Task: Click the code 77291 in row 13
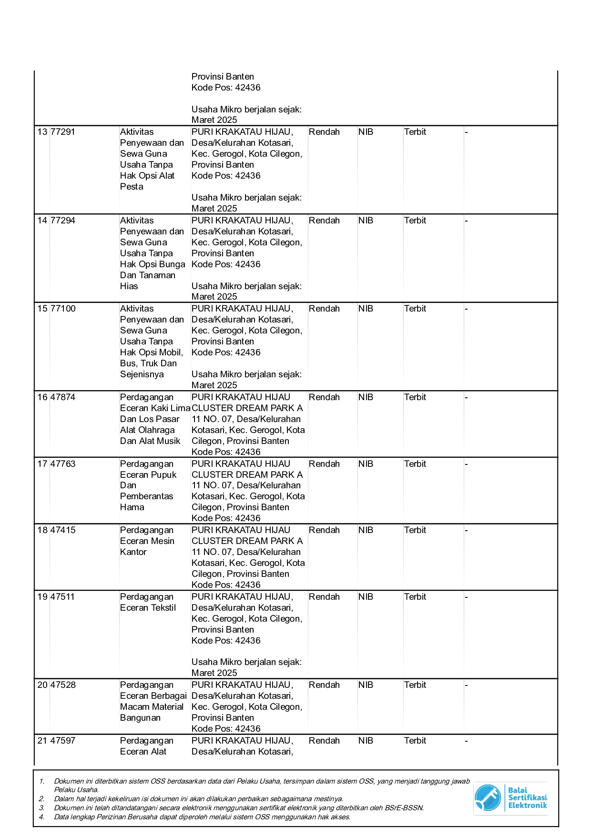point(63,132)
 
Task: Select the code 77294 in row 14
point(63,221)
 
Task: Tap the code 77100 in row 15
point(63,309)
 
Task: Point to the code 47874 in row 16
point(63,397)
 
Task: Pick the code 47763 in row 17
point(63,464)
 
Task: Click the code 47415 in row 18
point(63,530)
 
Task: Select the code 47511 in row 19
point(63,597)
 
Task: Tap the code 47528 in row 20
point(63,685)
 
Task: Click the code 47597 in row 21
point(63,741)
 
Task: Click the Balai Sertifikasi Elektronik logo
point(510,798)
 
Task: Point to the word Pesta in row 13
point(132,187)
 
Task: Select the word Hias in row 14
point(129,286)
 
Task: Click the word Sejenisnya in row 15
point(142,374)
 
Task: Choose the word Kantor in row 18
point(133,552)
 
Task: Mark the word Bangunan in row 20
point(140,718)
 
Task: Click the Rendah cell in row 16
point(324,397)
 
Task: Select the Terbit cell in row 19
point(415,597)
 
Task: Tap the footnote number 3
point(41,808)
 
